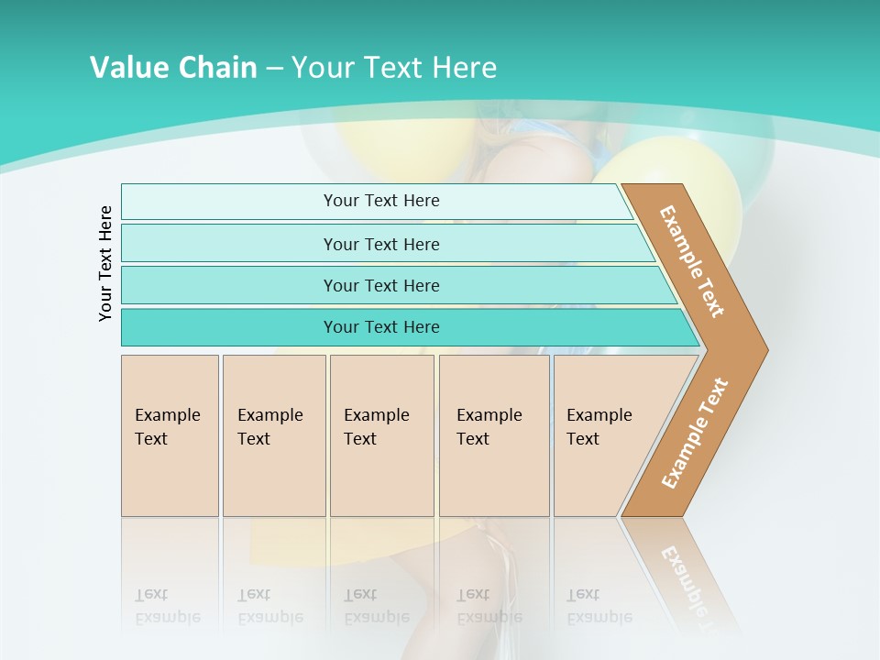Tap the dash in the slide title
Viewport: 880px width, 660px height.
pos(274,69)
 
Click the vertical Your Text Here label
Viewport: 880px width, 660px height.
pos(105,263)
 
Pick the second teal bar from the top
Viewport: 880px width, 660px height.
pos(380,244)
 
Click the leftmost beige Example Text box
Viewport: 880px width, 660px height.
pos(170,435)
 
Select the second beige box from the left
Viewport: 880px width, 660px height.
pos(273,435)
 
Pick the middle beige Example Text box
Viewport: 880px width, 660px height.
pos(381,435)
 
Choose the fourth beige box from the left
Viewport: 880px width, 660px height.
pos(494,435)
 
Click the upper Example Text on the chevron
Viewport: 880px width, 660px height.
pos(692,260)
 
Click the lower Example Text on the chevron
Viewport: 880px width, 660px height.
pos(695,434)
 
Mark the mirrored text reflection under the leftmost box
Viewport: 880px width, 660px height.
pos(167,607)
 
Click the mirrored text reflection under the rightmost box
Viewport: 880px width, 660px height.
pos(599,607)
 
